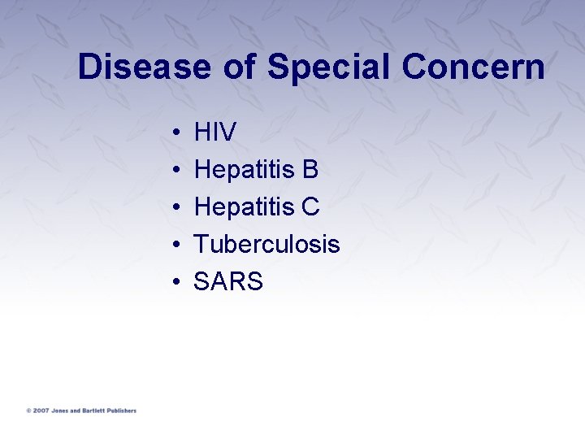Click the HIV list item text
[215, 133]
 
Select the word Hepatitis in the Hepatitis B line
[243, 170]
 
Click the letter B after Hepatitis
[310, 170]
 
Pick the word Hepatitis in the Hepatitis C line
[243, 207]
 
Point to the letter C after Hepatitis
[310, 207]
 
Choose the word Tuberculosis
[266, 244]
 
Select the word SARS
[228, 282]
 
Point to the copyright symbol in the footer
[28, 411]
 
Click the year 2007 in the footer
[41, 411]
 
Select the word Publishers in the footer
[123, 411]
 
